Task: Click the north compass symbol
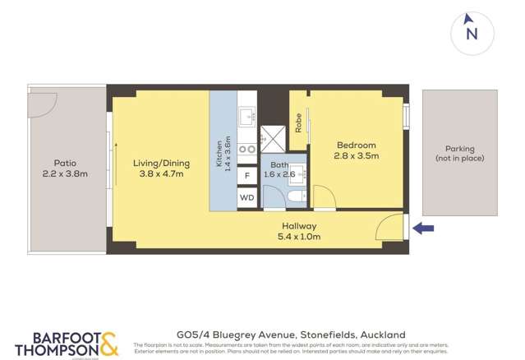point(472,31)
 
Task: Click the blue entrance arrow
point(423,228)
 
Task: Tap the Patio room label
point(65,164)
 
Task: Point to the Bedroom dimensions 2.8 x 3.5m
point(356,155)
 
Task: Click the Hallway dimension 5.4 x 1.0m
point(299,237)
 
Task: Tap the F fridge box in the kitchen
point(247,175)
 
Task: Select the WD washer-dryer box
point(247,198)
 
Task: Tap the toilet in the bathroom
point(296,197)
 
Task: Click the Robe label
point(298,123)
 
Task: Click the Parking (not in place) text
point(459,154)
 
